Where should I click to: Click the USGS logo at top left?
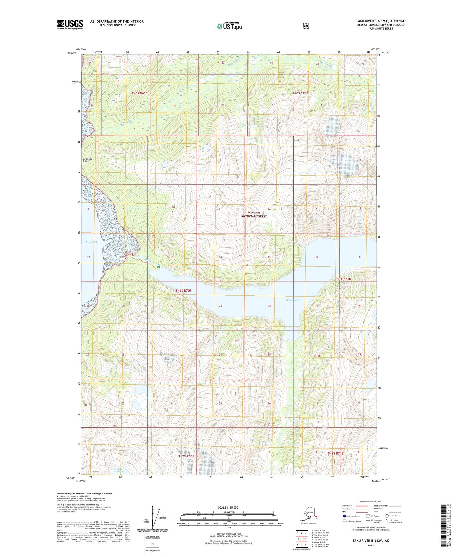[x=70, y=25]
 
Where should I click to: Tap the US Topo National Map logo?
[x=229, y=26]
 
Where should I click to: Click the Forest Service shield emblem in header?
[x=306, y=26]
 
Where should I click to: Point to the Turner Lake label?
[x=293, y=300]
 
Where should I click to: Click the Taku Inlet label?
[x=91, y=242]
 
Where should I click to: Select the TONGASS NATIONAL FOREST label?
[x=254, y=214]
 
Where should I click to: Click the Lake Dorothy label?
[x=119, y=470]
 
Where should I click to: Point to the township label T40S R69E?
[x=139, y=93]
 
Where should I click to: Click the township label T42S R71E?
[x=336, y=453]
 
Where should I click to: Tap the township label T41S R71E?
[x=343, y=279]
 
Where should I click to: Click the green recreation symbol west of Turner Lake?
[x=158, y=267]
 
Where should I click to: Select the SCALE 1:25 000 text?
[x=228, y=508]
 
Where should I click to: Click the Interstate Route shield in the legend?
[x=344, y=516]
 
